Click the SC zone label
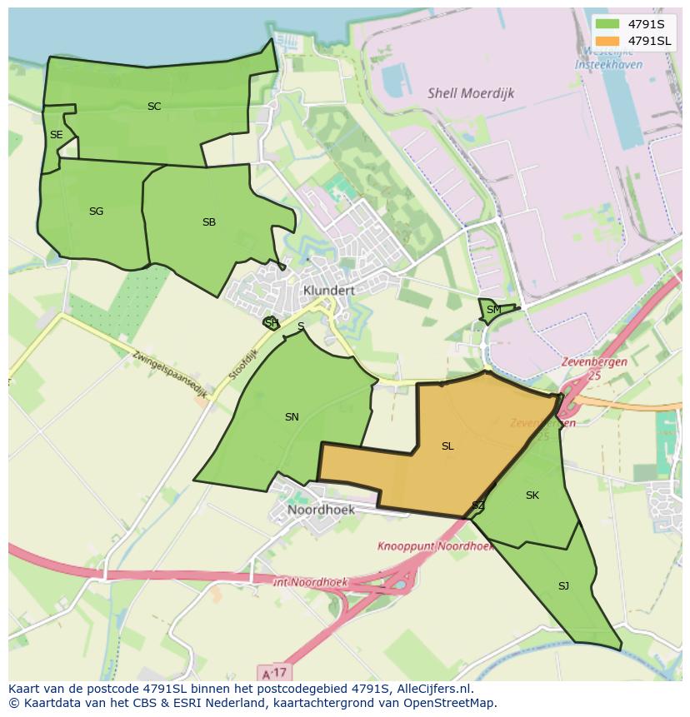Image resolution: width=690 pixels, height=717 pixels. pos(154,107)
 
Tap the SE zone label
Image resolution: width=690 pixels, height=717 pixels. pos(56,135)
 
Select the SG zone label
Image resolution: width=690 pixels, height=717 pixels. pos(96,212)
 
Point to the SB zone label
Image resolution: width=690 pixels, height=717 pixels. pos(209,222)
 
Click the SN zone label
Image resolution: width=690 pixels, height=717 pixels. pos(292,417)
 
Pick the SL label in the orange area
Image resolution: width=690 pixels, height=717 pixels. pos(447,446)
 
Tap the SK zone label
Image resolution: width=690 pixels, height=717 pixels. pos(532,495)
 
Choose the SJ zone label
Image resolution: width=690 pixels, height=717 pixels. pos(563,586)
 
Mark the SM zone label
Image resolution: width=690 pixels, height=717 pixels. pos(494,310)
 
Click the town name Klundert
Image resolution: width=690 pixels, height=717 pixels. pos(329,291)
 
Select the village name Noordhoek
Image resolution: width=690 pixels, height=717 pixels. pos(321,510)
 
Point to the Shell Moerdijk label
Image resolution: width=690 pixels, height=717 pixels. pos(470,93)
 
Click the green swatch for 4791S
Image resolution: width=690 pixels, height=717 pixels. pos(607,24)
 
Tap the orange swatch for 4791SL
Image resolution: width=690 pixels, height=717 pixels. pos(607,41)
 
